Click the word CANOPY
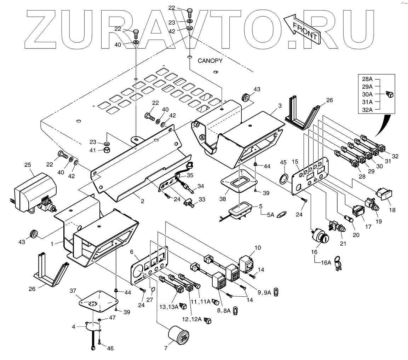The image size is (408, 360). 210,61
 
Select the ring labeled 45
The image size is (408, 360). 284,179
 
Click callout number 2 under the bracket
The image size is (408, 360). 143,201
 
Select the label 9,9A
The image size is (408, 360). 264,292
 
